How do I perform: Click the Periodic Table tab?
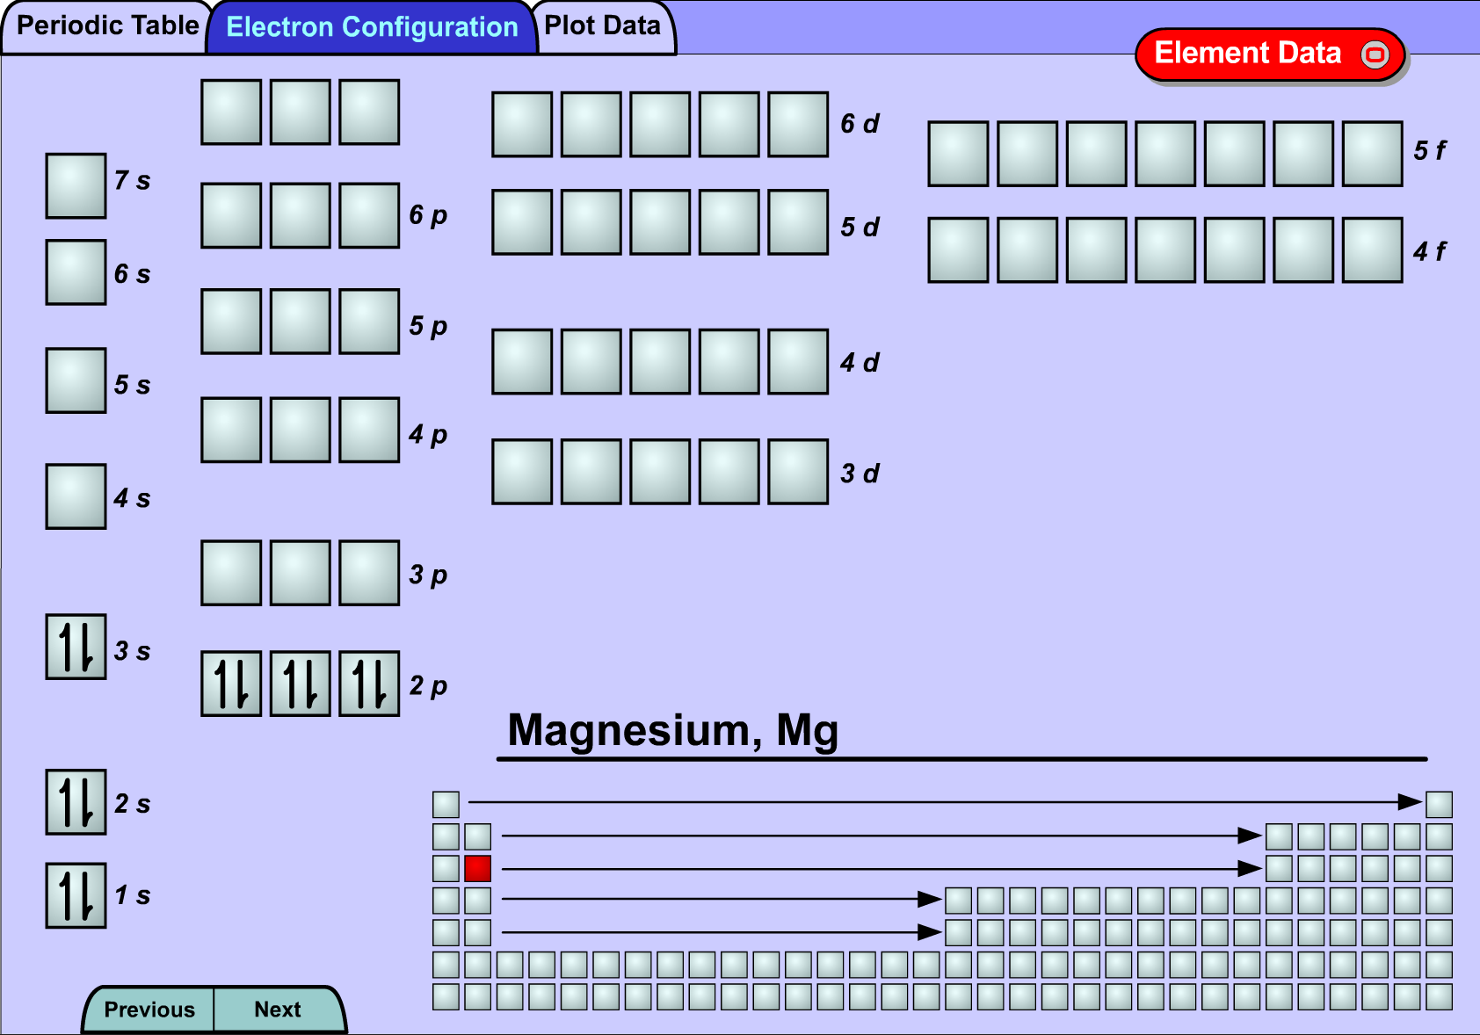tap(107, 26)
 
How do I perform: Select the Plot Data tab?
tap(603, 26)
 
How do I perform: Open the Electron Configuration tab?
tap(372, 27)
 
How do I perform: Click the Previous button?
tap(149, 1010)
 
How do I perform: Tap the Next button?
tap(279, 1010)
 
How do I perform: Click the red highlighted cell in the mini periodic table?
tap(478, 869)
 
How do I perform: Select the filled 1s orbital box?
tap(76, 895)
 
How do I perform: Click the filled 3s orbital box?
tap(76, 647)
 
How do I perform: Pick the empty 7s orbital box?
tap(76, 185)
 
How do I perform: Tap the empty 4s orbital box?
tap(76, 496)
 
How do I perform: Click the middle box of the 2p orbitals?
tap(300, 684)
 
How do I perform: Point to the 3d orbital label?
tap(860, 474)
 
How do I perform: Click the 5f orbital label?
tap(1430, 150)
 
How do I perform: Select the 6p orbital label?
tap(428, 215)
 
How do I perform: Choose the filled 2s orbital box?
tap(76, 802)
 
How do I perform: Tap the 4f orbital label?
tap(1430, 251)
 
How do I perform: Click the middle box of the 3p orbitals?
tap(300, 573)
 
